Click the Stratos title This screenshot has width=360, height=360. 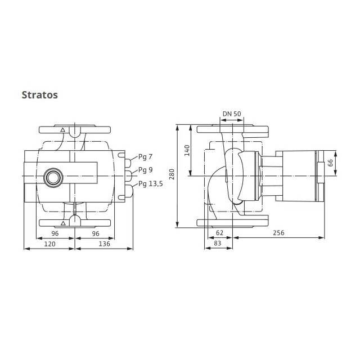[x=40, y=95]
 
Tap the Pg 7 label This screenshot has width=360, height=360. [x=145, y=157]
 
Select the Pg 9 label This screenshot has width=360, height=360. [x=145, y=170]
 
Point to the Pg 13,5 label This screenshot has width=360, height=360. [x=151, y=184]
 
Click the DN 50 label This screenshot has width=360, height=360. [x=232, y=114]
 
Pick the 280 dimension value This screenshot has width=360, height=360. [x=172, y=174]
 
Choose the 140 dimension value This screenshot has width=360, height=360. [x=187, y=150]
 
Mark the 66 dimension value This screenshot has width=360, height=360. [x=330, y=163]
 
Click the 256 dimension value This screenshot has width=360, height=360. [x=278, y=233]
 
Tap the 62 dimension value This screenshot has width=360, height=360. [x=220, y=233]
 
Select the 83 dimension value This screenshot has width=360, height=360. [x=218, y=243]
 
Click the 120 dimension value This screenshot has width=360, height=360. [x=50, y=244]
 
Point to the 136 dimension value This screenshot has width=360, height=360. [x=105, y=244]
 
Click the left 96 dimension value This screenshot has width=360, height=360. [x=55, y=233]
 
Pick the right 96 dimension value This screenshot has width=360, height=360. [x=96, y=233]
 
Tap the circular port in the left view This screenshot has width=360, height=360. [x=53, y=178]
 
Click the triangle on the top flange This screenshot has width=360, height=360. [x=62, y=130]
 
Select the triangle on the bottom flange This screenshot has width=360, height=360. [x=63, y=223]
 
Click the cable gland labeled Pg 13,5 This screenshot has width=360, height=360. [x=129, y=191]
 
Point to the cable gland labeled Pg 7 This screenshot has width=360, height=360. [x=128, y=163]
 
